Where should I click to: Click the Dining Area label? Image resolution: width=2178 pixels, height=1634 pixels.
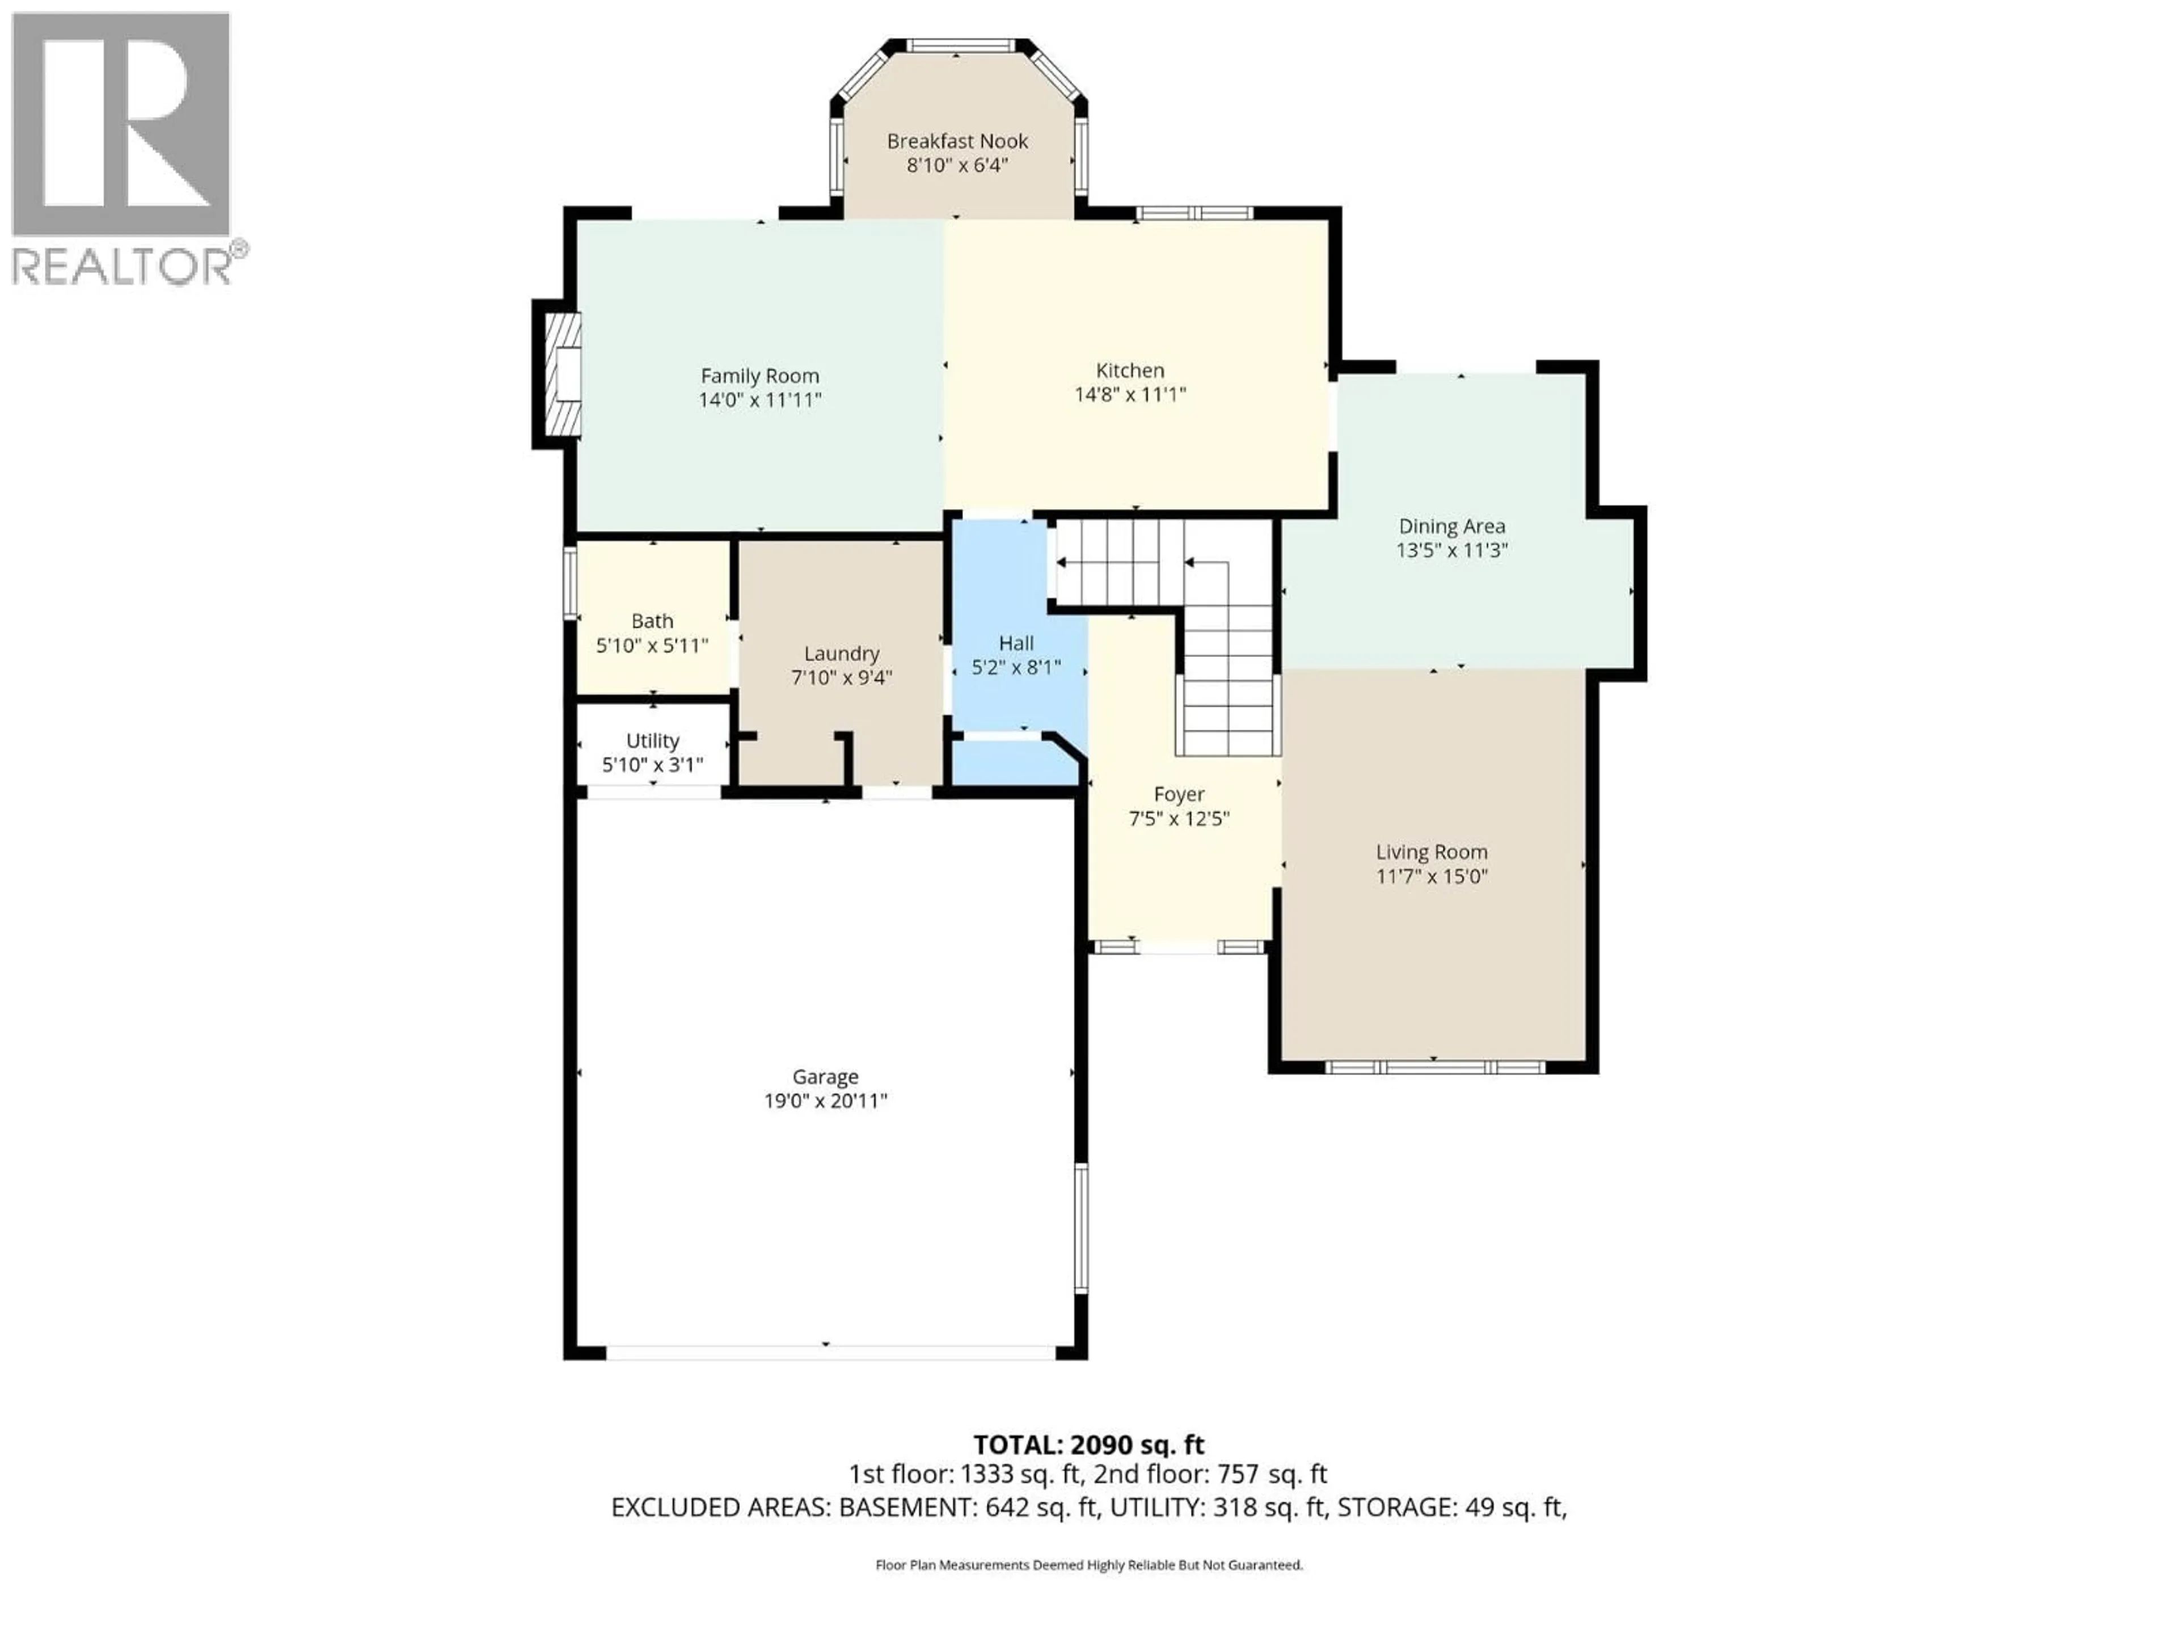click(1451, 526)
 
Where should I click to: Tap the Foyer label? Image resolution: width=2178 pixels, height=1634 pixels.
click(1179, 794)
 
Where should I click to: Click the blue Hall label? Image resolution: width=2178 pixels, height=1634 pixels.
click(1016, 643)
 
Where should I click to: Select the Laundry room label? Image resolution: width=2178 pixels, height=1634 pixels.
click(841, 653)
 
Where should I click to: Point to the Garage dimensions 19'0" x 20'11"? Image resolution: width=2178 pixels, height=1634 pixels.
click(825, 1100)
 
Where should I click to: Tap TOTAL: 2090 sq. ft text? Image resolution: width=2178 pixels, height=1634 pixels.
click(1088, 1445)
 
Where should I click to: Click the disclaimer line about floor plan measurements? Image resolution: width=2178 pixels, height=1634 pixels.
click(1088, 1565)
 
